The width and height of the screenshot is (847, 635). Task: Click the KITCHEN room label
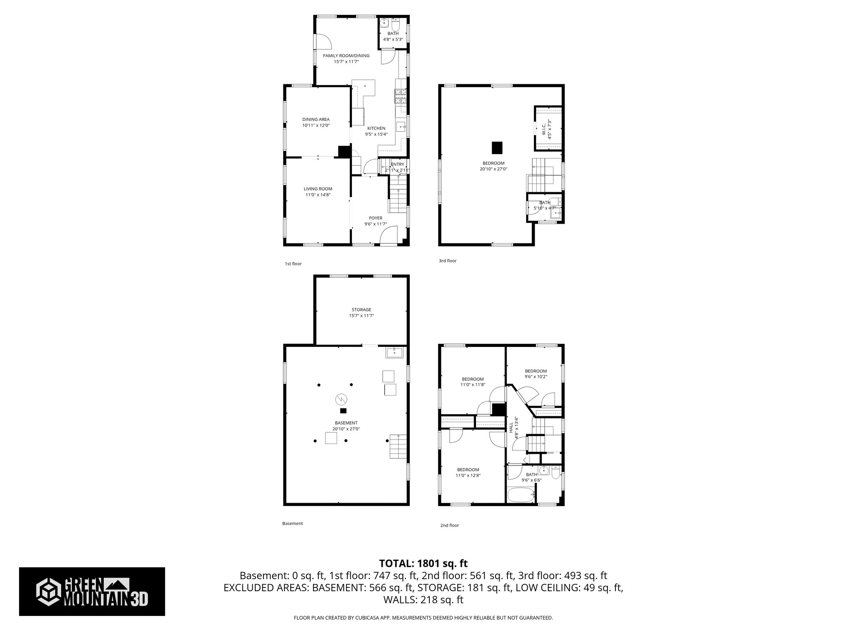pos(376,128)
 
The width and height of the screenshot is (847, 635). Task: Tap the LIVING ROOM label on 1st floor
pos(318,189)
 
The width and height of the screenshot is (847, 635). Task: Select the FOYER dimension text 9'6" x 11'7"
pos(375,224)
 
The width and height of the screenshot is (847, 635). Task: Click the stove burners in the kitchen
pos(400,97)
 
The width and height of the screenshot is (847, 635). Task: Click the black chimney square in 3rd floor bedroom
pos(497,148)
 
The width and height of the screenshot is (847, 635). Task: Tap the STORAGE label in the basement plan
pos(361,310)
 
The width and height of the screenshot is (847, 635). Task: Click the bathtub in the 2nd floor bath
pos(521,495)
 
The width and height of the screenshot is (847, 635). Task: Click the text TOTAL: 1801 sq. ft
pos(423,563)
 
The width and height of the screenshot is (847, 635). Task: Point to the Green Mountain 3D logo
pos(92,591)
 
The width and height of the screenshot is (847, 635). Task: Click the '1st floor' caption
pos(293,264)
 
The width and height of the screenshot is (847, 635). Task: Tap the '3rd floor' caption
pos(447,261)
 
